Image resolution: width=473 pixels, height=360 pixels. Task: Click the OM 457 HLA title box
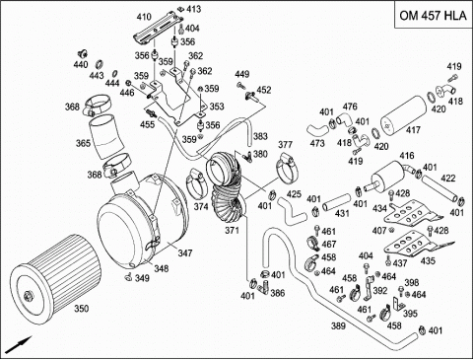[x=433, y=15]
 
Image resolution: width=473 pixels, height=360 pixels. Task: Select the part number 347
[x=185, y=253]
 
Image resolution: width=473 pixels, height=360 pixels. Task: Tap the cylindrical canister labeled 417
[x=404, y=115]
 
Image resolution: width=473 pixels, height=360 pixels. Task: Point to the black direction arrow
[x=19, y=344]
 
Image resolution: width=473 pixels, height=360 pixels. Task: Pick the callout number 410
[x=144, y=17]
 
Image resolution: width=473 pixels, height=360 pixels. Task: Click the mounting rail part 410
[x=160, y=28]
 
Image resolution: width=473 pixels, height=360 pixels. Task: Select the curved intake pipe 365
[x=104, y=136]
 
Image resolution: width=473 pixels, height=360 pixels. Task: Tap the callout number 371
[x=232, y=230]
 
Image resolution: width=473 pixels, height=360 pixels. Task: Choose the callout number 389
[x=338, y=325]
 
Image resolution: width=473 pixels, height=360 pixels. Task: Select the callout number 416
[x=407, y=155]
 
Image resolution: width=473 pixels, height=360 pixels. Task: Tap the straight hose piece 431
[x=336, y=203]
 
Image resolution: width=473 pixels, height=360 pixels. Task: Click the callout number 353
[x=217, y=107]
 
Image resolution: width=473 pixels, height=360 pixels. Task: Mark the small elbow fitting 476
[x=344, y=118]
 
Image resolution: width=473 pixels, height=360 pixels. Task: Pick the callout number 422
[x=448, y=179]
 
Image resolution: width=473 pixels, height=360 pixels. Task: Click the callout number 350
[x=81, y=309]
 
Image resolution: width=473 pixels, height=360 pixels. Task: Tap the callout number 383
[x=260, y=136]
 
